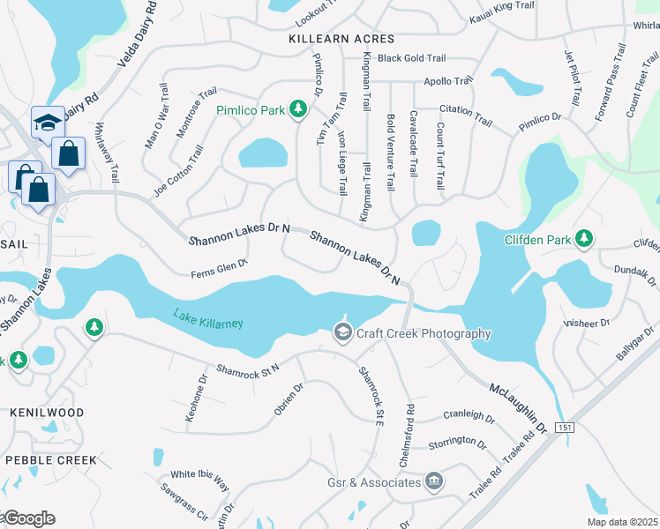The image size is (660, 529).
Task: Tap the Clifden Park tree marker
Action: (583, 239)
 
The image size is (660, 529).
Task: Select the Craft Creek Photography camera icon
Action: (341, 332)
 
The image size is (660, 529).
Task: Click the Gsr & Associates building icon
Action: (433, 481)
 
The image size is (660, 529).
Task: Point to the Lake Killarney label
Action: (207, 319)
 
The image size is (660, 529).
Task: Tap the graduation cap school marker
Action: (47, 123)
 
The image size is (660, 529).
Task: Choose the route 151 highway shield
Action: (566, 428)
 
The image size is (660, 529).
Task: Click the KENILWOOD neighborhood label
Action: (47, 413)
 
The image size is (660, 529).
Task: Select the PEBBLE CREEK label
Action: (51, 460)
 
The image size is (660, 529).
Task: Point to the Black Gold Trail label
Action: (411, 58)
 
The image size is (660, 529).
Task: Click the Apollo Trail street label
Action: (448, 81)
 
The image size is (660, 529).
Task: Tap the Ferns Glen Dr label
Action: (220, 268)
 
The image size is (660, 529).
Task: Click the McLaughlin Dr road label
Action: (518, 407)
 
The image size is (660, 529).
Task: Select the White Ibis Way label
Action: (200, 481)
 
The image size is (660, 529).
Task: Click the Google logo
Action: (28, 518)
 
